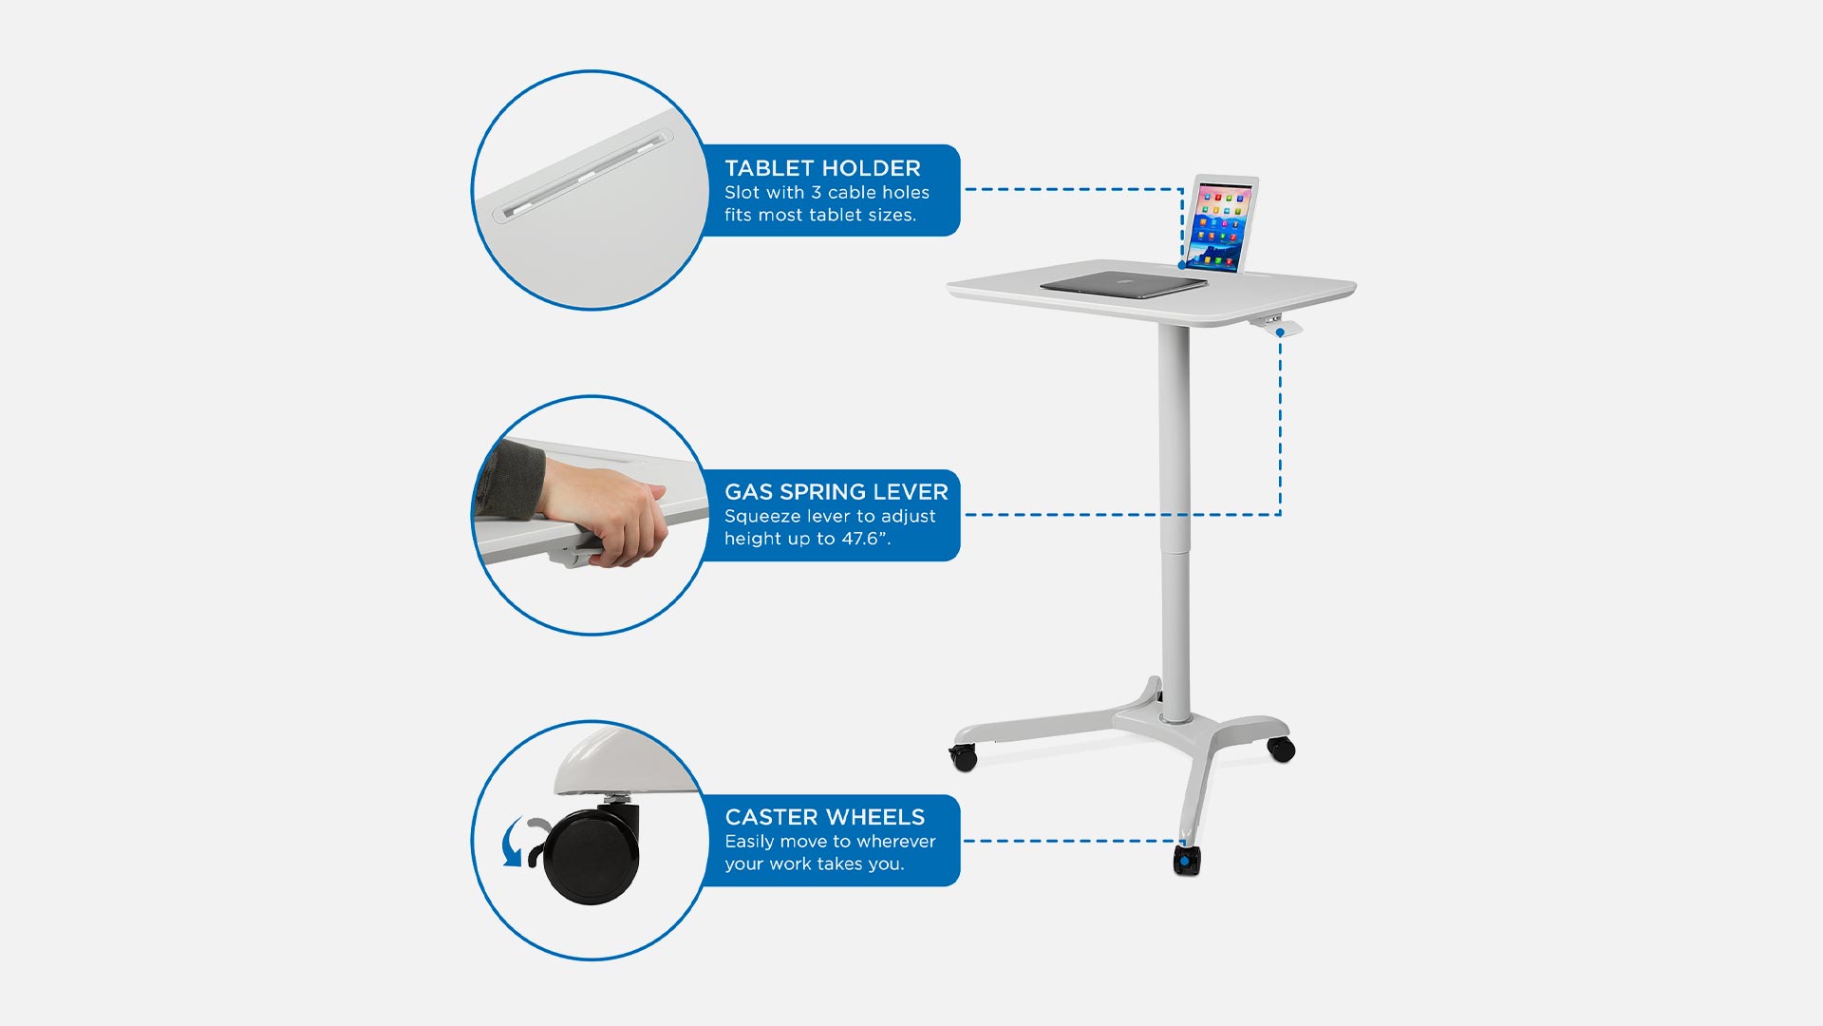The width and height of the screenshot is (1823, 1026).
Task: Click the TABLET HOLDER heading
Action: [822, 168]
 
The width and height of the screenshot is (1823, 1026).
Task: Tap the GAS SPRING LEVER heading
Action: [836, 492]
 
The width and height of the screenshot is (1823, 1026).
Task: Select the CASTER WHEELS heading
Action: [824, 817]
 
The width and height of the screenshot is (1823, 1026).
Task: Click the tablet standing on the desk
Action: [1222, 224]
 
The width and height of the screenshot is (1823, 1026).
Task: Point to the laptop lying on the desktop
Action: [1122, 284]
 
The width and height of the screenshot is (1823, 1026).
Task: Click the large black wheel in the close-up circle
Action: [591, 855]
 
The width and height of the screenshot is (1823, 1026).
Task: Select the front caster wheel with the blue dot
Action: [1187, 861]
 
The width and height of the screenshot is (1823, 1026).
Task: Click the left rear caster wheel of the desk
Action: [964, 757]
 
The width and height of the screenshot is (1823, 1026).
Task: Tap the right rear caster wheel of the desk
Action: [1282, 749]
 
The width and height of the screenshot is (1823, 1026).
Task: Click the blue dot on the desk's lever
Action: [1280, 332]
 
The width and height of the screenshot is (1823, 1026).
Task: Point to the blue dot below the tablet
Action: [1182, 265]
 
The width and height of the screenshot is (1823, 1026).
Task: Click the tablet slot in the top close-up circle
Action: [583, 176]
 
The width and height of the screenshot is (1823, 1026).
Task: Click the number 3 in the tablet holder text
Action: [816, 193]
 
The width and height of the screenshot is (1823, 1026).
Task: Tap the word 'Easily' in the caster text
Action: [749, 843]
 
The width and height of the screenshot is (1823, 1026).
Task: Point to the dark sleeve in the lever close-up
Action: [508, 480]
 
